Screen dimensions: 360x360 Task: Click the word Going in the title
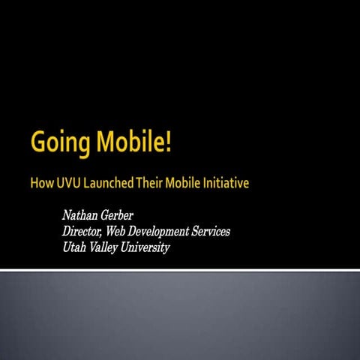[x=57, y=142]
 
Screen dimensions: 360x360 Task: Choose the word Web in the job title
[x=132, y=232]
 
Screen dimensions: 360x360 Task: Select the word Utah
[x=76, y=247]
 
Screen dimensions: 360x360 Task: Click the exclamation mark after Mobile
[x=169, y=140]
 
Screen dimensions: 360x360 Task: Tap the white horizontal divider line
[x=180, y=269]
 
